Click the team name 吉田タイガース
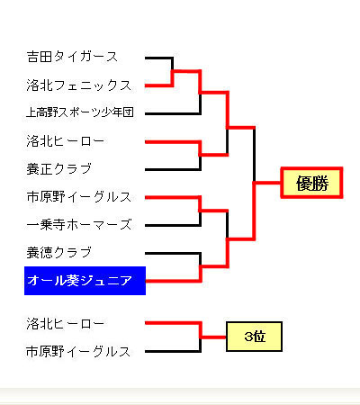[72, 57]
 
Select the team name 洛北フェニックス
[79, 85]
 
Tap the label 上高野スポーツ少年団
[80, 112]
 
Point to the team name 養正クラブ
[59, 169]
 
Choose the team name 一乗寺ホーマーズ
[79, 225]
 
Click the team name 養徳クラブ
[59, 253]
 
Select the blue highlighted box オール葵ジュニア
[85, 281]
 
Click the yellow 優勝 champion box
[311, 183]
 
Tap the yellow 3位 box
[254, 337]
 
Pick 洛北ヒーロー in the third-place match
[66, 324]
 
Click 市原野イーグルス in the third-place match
[78, 352]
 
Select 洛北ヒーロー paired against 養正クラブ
[66, 141]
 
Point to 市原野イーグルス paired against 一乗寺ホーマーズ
[79, 197]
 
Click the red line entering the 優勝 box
[267, 183]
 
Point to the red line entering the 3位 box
[213, 337]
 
